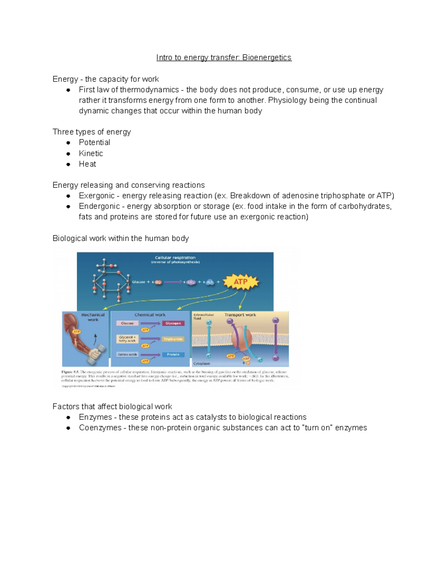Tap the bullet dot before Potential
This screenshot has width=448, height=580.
click(68, 143)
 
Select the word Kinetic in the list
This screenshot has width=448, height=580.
click(91, 153)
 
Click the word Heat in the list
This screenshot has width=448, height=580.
click(87, 164)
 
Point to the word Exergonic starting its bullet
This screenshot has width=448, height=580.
click(97, 196)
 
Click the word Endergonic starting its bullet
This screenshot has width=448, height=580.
click(99, 206)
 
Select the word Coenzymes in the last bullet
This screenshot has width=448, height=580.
click(100, 428)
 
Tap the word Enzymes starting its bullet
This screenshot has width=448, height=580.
click(95, 417)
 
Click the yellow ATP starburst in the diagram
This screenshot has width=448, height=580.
click(241, 282)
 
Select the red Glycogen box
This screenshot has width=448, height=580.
click(173, 323)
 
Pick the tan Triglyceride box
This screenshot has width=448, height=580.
click(173, 339)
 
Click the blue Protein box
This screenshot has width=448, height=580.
click(173, 354)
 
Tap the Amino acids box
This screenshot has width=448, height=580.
click(127, 354)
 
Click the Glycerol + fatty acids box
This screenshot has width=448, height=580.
click(127, 339)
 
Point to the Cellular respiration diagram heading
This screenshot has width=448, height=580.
click(175, 258)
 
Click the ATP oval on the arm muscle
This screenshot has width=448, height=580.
click(77, 332)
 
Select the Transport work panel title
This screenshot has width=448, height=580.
click(240, 315)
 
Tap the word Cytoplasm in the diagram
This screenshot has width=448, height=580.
click(202, 363)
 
